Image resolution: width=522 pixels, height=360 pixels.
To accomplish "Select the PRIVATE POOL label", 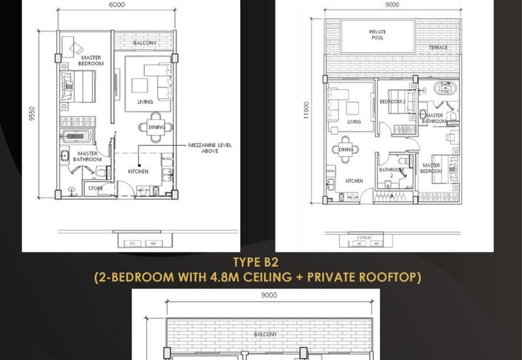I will click(377, 35).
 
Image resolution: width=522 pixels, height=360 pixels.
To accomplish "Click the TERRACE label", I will click(438, 48).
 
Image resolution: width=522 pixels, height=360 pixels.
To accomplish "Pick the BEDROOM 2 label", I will click(392, 102).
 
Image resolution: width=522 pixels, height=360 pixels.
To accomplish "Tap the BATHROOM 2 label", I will click(391, 172).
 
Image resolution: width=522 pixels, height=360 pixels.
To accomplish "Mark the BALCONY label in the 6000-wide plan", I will click(144, 43).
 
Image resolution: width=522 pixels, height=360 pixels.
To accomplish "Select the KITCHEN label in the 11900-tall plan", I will click(354, 181).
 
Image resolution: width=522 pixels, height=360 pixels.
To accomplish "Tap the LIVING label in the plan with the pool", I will click(354, 122).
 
